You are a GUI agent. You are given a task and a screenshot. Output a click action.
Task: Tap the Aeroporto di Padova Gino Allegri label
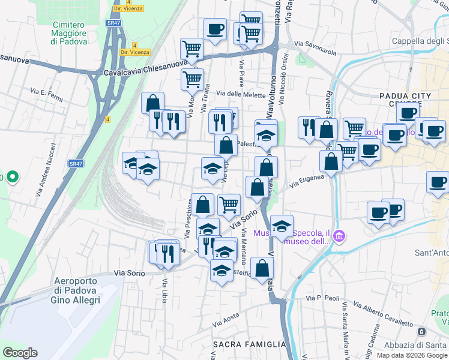[79, 290]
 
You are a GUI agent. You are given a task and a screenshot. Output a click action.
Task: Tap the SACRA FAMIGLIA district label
[250, 344]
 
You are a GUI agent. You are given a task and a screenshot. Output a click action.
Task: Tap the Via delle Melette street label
[240, 93]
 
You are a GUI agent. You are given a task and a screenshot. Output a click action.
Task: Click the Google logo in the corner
[20, 353]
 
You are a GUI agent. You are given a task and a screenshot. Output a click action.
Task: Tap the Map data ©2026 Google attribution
[412, 355]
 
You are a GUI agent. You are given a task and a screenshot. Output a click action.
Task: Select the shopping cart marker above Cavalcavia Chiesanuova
[191, 48]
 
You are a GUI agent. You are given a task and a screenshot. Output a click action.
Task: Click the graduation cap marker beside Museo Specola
[282, 226]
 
